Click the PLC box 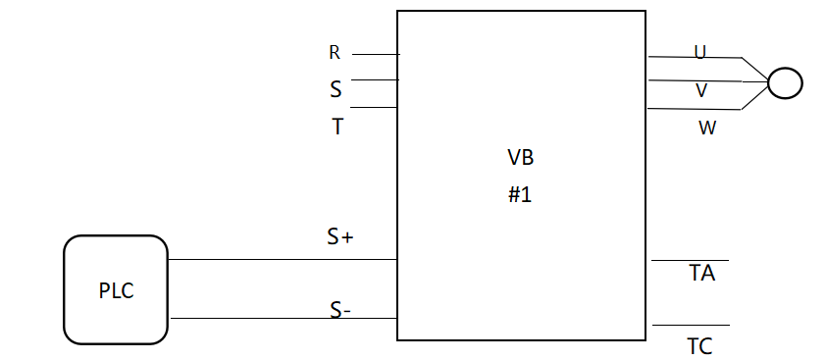pos(116,290)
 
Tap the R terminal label pos(335,54)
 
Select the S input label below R pos(336,90)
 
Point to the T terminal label pos(337,127)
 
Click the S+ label pos(339,236)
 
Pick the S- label pos(340,311)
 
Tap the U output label pos(700,53)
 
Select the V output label pos(701,90)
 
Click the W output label pos(706,128)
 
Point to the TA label pos(701,274)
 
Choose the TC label pos(699,346)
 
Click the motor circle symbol pos(784,82)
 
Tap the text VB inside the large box pos(520,158)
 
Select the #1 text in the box pos(519,194)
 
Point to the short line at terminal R pos(375,54)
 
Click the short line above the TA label pos(690,261)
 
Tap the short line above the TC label pos(690,325)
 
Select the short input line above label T pos(374,107)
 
